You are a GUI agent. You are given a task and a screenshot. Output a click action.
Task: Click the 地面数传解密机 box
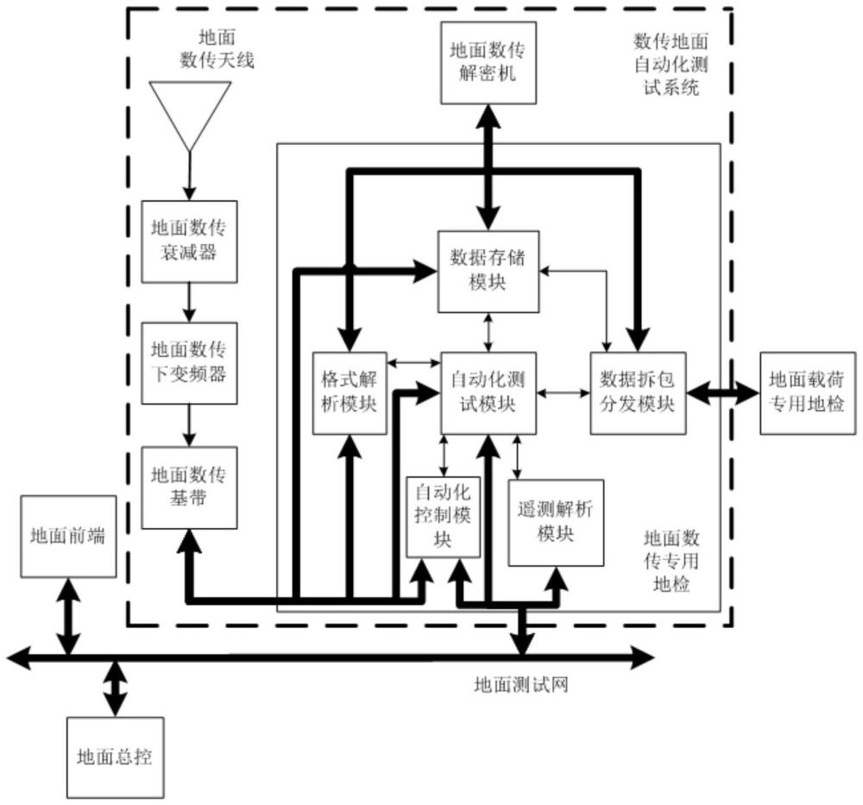tap(488, 63)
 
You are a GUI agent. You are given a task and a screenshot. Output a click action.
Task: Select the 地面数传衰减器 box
tap(189, 242)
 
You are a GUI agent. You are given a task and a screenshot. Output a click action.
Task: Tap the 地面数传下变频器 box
tap(189, 363)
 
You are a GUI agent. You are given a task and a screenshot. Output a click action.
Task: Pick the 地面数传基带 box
tap(189, 487)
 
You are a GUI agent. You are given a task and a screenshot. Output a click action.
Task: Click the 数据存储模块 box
tap(488, 272)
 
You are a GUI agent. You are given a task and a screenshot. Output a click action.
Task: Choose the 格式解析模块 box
tap(350, 393)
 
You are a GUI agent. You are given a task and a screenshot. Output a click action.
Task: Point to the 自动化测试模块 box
tap(488, 393)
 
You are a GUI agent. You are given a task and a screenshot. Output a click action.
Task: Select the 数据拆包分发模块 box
tap(638, 393)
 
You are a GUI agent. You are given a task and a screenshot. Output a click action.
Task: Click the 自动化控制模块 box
tap(443, 517)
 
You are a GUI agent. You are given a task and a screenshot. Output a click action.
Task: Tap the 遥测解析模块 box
tap(556, 523)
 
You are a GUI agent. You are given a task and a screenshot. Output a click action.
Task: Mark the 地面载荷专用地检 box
tap(808, 393)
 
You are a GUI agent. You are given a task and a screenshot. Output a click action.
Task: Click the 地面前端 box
tap(68, 537)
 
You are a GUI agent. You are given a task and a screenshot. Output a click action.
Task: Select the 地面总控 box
tap(115, 758)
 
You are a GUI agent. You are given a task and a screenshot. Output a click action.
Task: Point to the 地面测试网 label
tap(520, 685)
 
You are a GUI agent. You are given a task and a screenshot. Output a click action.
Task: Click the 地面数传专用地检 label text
tap(671, 561)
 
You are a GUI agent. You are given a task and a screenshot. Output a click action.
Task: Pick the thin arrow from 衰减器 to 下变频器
tap(189, 303)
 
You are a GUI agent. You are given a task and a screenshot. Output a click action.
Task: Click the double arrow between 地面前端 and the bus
tap(68, 616)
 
